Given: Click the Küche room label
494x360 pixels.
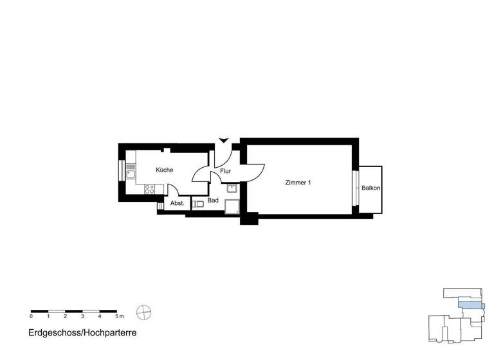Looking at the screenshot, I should (164, 170).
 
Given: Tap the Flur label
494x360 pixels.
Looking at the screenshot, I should (226, 172).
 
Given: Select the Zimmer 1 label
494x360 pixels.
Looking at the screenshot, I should (298, 183).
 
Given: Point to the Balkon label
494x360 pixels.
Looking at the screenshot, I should (370, 188).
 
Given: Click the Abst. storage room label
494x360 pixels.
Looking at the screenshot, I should (177, 203).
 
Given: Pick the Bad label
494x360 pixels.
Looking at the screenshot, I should (214, 201).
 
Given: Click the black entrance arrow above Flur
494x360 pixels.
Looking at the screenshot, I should (223, 140).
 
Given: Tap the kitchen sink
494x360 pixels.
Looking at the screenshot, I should (131, 171).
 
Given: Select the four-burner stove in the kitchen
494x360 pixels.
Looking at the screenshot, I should (149, 189).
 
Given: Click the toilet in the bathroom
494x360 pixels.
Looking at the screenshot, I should (199, 204).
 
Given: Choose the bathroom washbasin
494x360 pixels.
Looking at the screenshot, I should (232, 188).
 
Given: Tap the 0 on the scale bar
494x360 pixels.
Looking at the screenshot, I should (31, 317).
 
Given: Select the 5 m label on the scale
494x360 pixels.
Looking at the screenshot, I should (118, 317).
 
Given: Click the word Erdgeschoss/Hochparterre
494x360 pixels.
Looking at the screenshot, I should (82, 334).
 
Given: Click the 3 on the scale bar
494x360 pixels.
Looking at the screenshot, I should (82, 317).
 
